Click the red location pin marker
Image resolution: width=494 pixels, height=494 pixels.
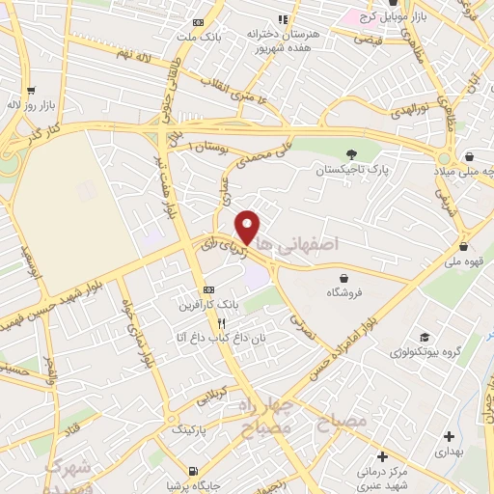click(248, 228)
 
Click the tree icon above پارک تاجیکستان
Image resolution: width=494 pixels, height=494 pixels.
click(351, 153)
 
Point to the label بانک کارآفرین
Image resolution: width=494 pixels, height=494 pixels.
click(206, 305)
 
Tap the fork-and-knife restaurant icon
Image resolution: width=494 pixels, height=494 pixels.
click(221, 323)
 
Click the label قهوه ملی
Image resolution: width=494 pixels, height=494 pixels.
click(464, 260)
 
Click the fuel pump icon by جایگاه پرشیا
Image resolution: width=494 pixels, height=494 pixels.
click(193, 472)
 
